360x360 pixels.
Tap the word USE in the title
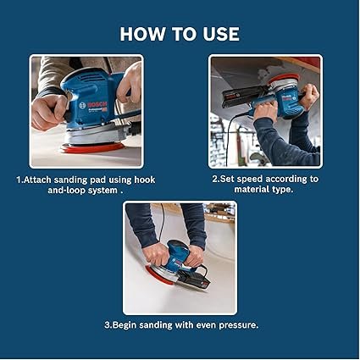tap(221, 34)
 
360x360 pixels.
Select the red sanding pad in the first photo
tap(92, 147)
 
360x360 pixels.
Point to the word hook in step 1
tap(145, 180)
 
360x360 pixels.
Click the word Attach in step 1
tap(38, 180)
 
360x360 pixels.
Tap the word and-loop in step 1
tap(66, 190)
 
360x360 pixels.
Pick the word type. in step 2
tap(283, 190)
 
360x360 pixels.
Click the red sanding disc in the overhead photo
tap(283, 77)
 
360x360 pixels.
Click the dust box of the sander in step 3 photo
tap(195, 280)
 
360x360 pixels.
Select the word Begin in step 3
tap(125, 325)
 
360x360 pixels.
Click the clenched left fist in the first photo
tap(48, 112)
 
